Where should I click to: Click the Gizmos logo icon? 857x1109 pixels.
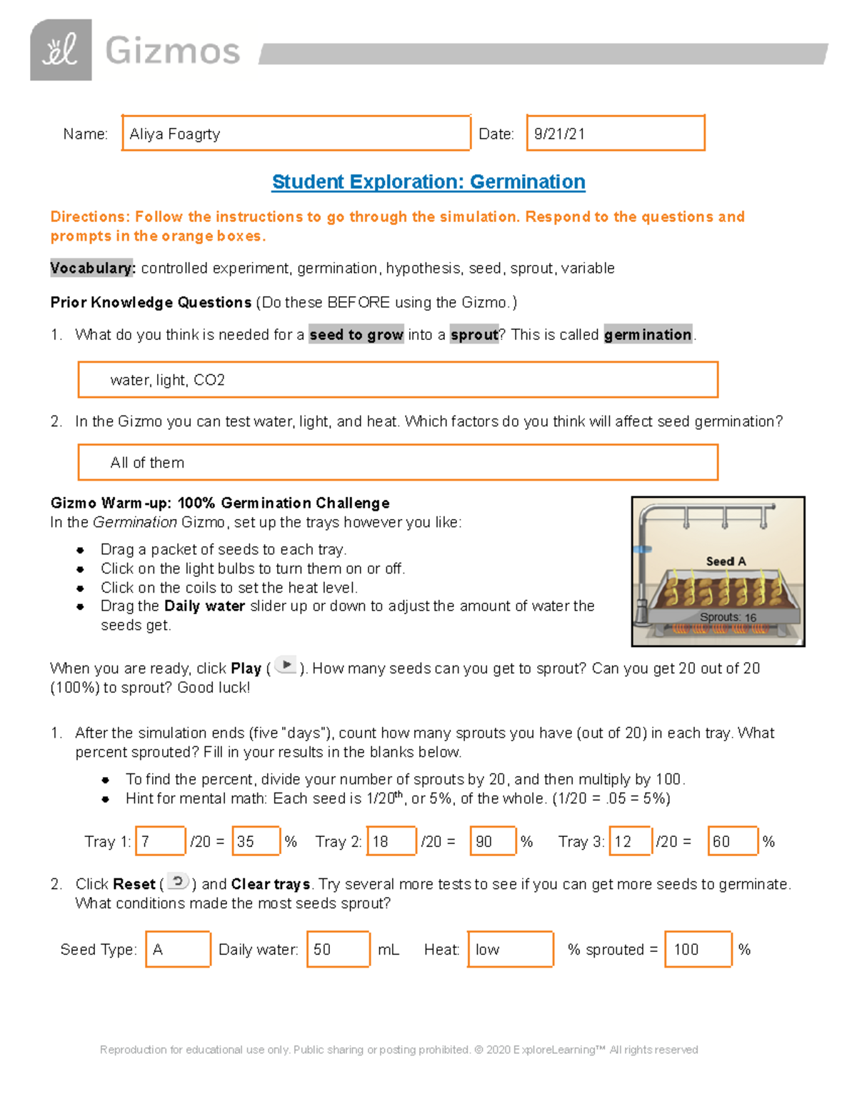61,50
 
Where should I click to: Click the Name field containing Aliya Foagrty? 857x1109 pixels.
296,134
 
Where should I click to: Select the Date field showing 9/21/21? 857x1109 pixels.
615,134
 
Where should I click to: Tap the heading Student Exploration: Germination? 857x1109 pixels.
428,182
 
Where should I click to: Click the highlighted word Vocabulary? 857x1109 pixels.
92,269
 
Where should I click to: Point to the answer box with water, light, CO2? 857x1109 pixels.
397,380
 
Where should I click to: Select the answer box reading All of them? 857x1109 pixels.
397,463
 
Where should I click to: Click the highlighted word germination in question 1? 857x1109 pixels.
648,335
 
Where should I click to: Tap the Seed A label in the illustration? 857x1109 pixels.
726,561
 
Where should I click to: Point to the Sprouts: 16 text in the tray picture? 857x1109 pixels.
728,617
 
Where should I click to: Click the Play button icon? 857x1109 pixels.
286,666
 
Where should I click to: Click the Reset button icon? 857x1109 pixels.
178,882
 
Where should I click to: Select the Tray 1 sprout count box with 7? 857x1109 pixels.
161,841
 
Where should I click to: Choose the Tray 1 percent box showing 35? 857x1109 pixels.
256,841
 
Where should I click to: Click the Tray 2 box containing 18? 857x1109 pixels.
391,841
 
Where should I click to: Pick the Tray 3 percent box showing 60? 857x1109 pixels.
732,841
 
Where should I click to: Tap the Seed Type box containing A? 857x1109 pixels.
178,950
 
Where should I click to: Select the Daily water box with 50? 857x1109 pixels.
338,950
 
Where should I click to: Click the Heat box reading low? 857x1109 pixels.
510,950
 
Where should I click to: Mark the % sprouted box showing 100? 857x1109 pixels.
698,950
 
